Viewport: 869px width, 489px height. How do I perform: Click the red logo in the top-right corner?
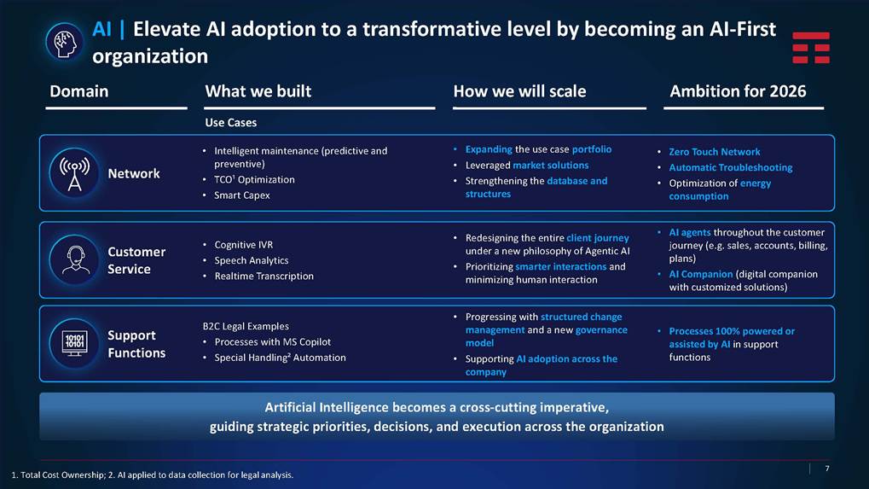(811, 47)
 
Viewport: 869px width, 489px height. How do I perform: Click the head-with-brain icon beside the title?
(64, 42)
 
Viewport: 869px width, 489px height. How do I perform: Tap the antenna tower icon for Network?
(74, 173)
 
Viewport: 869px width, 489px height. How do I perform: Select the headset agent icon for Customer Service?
(74, 259)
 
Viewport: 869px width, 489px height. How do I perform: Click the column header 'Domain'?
(78, 91)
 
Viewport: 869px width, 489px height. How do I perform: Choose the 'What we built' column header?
(258, 91)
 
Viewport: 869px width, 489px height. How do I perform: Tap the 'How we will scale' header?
(519, 91)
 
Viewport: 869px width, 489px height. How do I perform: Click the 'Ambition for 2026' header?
(738, 91)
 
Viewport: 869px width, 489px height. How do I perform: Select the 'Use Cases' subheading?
(230, 123)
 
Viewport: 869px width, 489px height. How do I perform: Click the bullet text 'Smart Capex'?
(242, 195)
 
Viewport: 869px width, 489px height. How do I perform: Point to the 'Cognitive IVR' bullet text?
(243, 244)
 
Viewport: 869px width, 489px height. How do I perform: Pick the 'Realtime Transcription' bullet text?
(264, 277)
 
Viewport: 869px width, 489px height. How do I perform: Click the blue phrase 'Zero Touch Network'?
(715, 151)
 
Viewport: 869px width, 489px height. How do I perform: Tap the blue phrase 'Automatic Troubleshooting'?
(731, 167)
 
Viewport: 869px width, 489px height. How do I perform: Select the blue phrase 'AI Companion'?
(700, 274)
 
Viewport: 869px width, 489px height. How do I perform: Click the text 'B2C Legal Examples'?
(246, 326)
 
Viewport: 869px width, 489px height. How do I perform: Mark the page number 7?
(827, 469)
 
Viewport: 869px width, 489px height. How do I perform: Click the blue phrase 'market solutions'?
(550, 166)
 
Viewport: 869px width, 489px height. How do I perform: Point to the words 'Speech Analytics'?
(252, 260)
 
